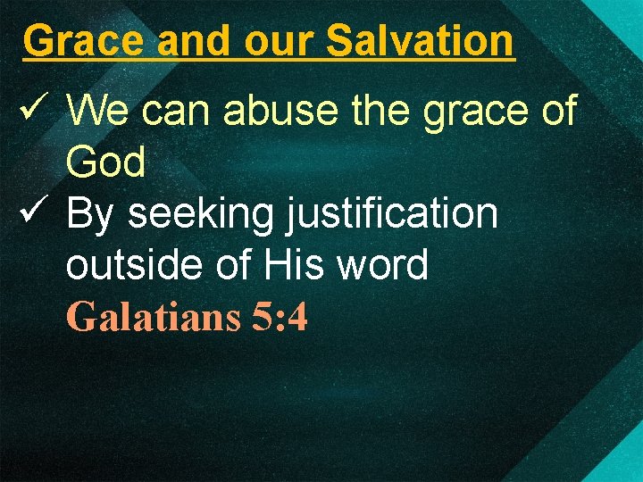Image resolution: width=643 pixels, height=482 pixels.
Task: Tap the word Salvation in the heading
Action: [420, 40]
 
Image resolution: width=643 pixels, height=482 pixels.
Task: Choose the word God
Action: [105, 162]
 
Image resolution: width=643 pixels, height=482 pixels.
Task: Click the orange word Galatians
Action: [153, 317]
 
